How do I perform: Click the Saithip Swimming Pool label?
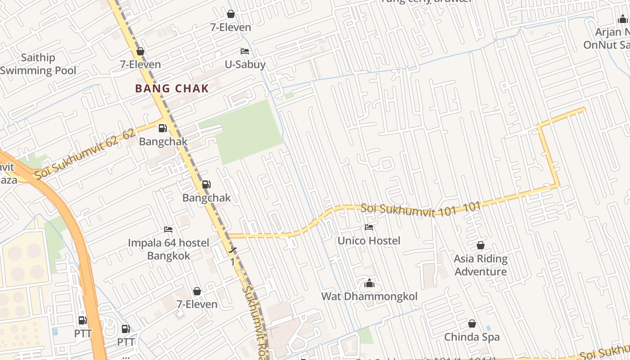point(38,64)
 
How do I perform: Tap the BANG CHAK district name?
point(172,88)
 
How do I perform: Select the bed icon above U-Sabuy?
point(245,51)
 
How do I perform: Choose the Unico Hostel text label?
point(369,241)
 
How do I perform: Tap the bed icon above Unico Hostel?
point(369,227)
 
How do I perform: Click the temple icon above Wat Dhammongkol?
point(369,283)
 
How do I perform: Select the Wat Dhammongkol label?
point(369,297)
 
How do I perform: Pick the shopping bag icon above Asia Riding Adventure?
point(481,245)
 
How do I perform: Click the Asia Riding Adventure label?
point(481,265)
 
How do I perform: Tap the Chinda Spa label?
point(472,337)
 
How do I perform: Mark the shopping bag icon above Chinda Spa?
point(472,324)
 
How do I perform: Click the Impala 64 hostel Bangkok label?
point(169,249)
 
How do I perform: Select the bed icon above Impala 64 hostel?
point(168,229)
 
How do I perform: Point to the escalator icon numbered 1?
point(233,250)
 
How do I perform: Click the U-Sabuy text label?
point(245,64)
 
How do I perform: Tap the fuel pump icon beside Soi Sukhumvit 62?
point(162,128)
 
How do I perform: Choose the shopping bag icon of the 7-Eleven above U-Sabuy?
point(231,14)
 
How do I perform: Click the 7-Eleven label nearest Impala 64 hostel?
point(197,304)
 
